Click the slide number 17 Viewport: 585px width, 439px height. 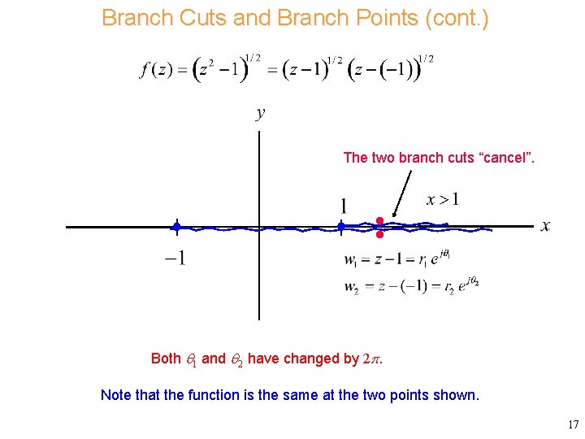point(572,424)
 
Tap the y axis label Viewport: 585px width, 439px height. point(260,114)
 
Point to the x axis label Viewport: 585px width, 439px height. point(545,226)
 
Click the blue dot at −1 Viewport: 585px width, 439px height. point(176,227)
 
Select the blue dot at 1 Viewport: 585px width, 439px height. point(341,227)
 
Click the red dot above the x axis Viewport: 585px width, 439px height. point(379,220)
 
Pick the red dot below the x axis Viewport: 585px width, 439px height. point(379,235)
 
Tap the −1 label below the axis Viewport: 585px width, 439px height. point(175,259)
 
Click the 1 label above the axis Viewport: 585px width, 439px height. point(344,206)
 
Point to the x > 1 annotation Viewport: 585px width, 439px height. point(443,199)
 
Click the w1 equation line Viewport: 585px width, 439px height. point(397,260)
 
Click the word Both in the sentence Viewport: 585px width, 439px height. point(166,359)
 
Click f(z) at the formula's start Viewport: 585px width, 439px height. point(157,71)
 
